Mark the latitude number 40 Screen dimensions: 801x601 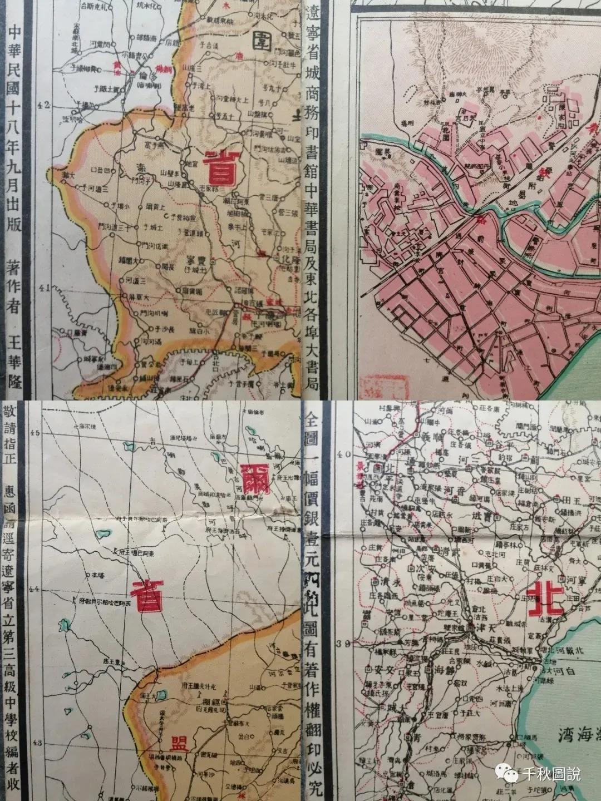point(346,454)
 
